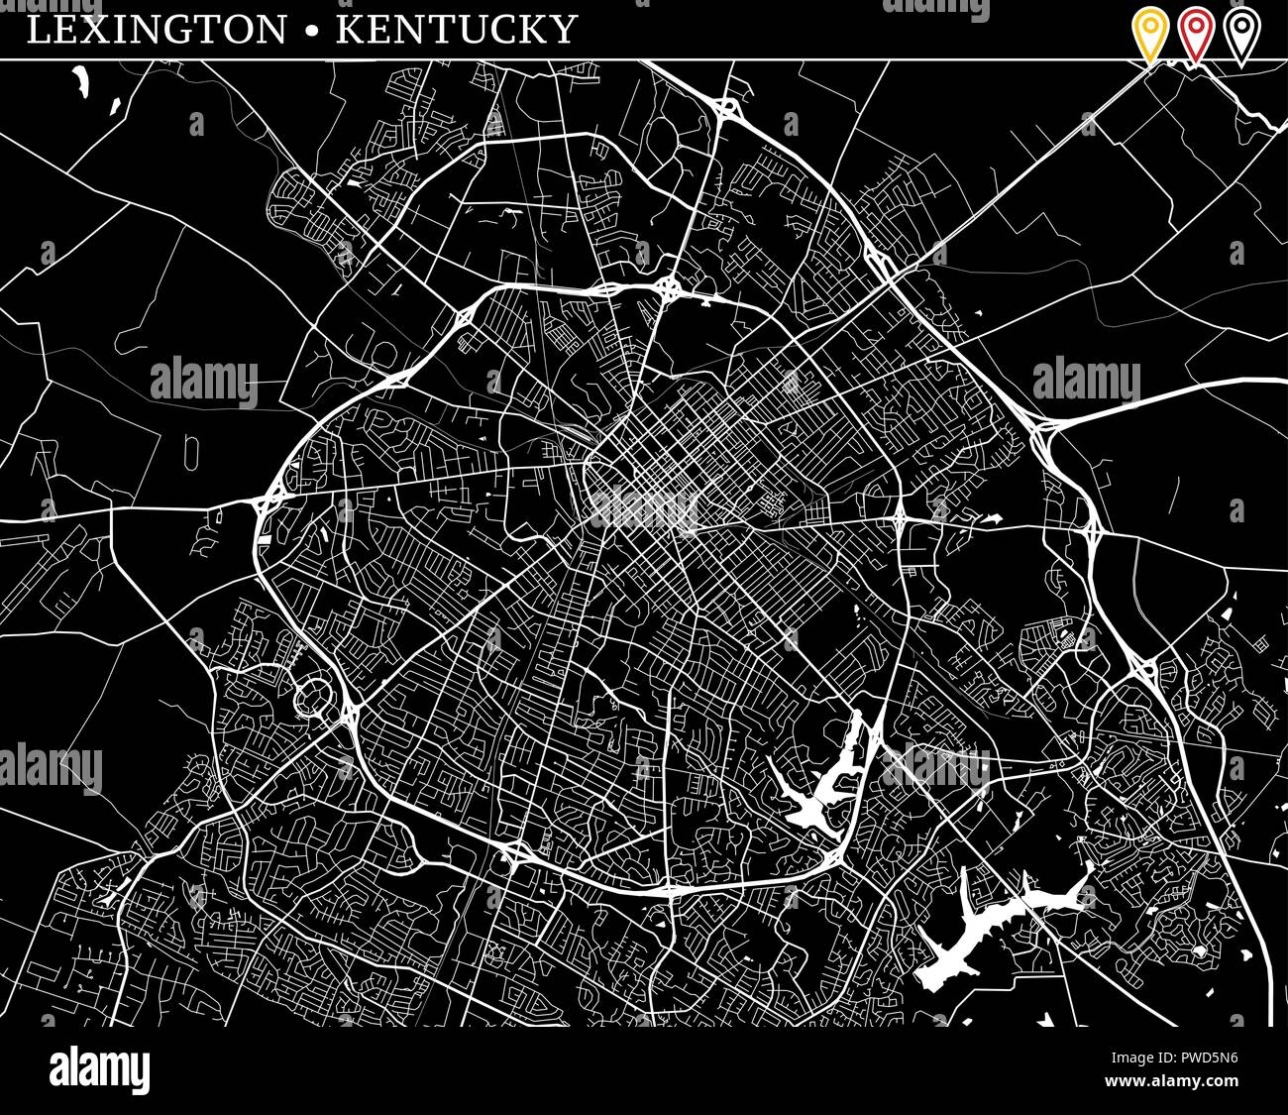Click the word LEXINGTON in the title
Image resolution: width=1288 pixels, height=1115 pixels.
click(156, 30)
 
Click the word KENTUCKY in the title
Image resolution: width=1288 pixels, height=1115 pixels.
click(457, 30)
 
